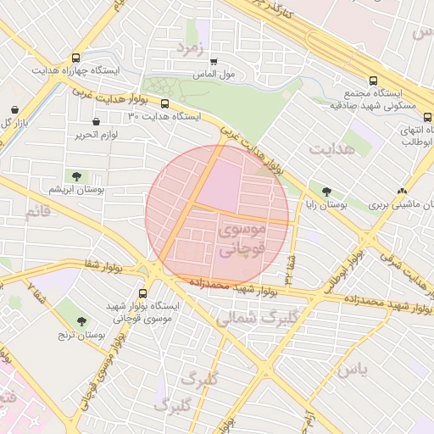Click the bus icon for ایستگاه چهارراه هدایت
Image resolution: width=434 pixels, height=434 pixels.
point(77,58)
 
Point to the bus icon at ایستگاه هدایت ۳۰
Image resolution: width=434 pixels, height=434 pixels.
point(164,105)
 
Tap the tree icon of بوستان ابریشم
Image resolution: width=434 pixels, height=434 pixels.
point(77,176)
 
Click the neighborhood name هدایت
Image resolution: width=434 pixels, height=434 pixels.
point(331,151)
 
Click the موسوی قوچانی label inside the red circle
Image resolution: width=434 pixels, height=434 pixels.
point(242,239)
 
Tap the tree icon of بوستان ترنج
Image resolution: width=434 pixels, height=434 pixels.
point(81,321)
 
